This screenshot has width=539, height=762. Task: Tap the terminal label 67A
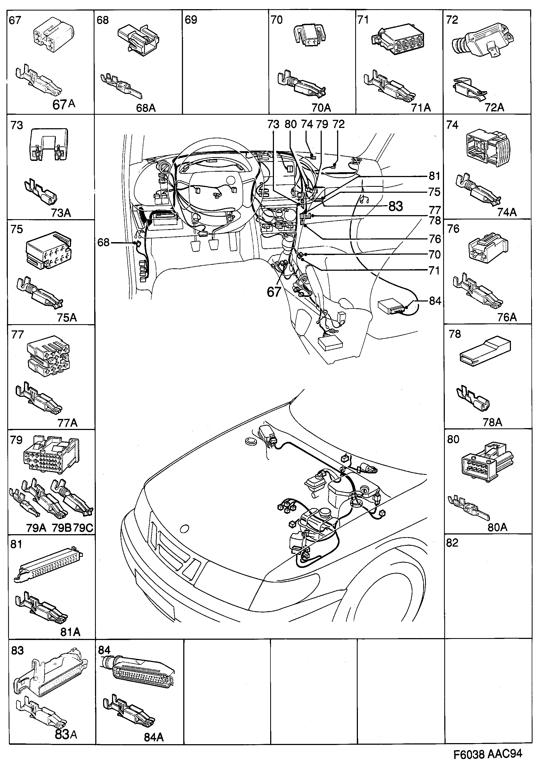64,105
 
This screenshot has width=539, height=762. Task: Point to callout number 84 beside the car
435,301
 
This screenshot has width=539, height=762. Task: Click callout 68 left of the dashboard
103,243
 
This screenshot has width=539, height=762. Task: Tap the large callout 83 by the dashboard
395,206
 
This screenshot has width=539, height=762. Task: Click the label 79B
62,528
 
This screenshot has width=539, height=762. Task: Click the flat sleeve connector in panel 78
485,350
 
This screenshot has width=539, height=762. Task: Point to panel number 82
452,543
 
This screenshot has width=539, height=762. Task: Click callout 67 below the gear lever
274,292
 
